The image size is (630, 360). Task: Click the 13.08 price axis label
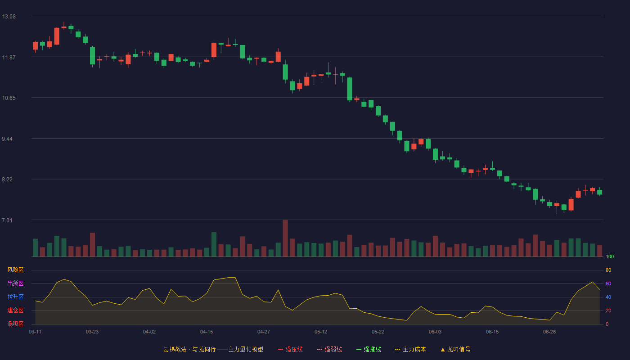[x=9, y=17]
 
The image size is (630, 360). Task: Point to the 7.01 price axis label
[x=7, y=220]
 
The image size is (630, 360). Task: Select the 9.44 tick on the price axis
[x=7, y=139]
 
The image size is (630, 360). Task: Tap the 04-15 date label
[x=207, y=332]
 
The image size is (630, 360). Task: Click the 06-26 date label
[x=549, y=332]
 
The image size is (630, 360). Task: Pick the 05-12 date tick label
[x=320, y=332]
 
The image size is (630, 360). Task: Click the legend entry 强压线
[x=290, y=349]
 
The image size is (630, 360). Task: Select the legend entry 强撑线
[x=369, y=349]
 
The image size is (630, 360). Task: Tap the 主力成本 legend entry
[x=410, y=349]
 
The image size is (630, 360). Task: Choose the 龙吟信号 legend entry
[x=455, y=349]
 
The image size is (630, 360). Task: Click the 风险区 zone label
[x=15, y=270]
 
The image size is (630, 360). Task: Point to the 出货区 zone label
[x=15, y=283]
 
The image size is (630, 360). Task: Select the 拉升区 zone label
[x=15, y=297]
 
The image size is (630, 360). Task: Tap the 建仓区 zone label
[x=15, y=310]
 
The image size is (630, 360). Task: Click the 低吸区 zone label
[x=15, y=324]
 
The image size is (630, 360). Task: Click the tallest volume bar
[x=285, y=238]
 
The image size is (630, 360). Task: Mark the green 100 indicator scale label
[x=610, y=256]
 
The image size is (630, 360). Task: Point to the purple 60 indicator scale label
[x=608, y=283]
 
